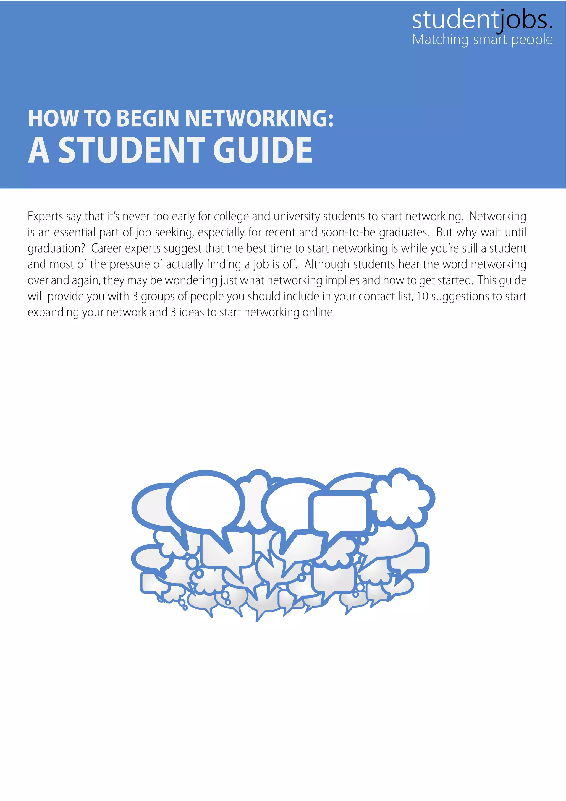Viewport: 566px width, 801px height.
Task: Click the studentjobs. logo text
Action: click(482, 20)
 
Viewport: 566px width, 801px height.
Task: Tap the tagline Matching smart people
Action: click(482, 40)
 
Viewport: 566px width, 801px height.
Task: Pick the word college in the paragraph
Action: click(231, 217)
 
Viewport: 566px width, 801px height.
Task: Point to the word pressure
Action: click(130, 264)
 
